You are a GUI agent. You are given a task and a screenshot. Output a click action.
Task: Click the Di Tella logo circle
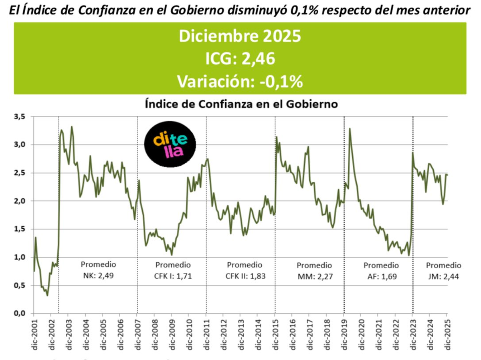(170, 143)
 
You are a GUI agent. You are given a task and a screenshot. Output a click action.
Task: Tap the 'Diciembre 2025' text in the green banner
(240, 36)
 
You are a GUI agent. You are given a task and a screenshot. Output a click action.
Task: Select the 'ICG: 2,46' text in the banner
(240, 59)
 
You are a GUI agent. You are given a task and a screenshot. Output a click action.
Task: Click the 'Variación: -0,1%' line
(240, 81)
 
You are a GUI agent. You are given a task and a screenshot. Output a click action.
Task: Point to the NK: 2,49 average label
(98, 276)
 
